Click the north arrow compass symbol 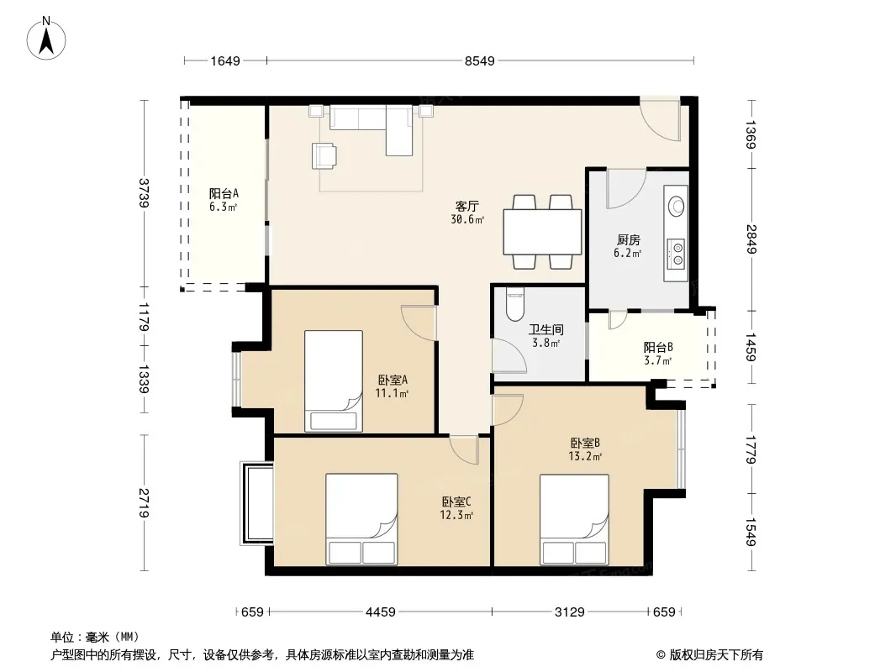tap(46, 39)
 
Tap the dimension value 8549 tap(479, 60)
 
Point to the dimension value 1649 tap(225, 60)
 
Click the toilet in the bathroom tap(515, 306)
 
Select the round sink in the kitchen tap(677, 206)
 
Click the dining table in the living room tap(542, 232)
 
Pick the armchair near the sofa tap(324, 156)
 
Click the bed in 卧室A tap(334, 381)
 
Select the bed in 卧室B tap(574, 520)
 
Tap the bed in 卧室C tap(361, 519)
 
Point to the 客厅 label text tap(466, 206)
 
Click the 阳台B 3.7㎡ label tap(658, 354)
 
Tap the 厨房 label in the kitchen tap(628, 239)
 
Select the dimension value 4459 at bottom tap(381, 612)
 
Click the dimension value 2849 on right tap(751, 239)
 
